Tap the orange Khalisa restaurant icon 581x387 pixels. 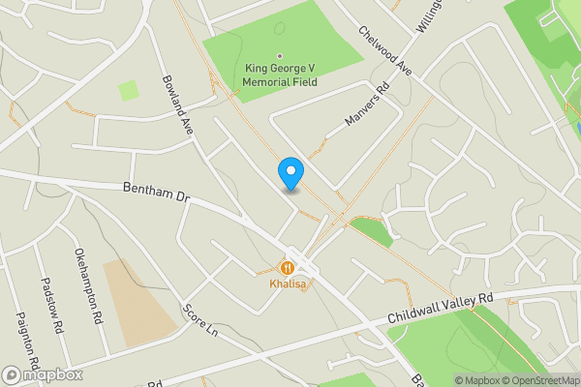(288, 267)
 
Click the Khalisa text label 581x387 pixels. (288, 285)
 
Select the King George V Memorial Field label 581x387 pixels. (280, 74)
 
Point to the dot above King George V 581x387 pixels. (280, 55)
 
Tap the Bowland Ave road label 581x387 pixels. (178, 105)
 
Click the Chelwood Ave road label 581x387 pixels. (384, 53)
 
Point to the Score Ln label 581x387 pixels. (199, 321)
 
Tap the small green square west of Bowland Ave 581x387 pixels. (128, 91)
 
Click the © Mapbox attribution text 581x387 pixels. (477, 380)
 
